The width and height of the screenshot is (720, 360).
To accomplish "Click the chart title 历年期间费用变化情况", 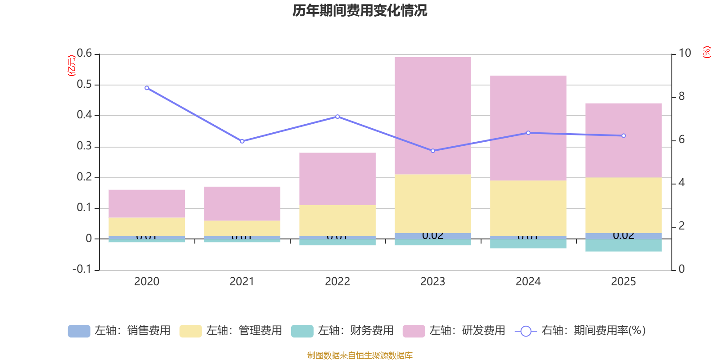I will click(360, 11).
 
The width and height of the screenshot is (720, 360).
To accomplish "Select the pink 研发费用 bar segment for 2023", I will click(432, 115).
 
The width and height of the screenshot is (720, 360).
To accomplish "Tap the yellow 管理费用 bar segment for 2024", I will click(528, 208).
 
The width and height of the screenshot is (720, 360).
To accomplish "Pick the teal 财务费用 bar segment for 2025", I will click(623, 245).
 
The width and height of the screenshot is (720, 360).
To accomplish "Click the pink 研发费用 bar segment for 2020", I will click(147, 203).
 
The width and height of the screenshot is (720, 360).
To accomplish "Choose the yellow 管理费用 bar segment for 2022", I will click(337, 220).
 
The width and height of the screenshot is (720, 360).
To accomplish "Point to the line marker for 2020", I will click(147, 88).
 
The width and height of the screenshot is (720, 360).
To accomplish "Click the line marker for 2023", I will click(433, 151).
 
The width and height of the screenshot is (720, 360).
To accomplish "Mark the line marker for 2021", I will click(242, 141).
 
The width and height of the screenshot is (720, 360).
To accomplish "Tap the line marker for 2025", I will click(624, 135).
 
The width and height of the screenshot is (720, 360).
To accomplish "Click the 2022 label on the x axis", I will click(337, 282).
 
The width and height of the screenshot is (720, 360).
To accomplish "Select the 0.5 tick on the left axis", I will click(84, 85).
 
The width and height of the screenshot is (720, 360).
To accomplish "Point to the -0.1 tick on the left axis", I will click(82, 269).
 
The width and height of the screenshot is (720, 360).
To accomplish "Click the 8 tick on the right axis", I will click(681, 96).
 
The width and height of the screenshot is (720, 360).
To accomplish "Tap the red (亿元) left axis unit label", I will click(71, 66).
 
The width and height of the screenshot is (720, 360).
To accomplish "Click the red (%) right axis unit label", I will click(706, 52).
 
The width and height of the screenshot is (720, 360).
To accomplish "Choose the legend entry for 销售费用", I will click(119, 331).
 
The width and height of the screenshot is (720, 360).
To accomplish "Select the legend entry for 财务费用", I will click(342, 331).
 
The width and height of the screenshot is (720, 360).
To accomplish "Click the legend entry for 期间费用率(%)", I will click(580, 331).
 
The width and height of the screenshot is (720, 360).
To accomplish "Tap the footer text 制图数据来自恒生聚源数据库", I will click(360, 355).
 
